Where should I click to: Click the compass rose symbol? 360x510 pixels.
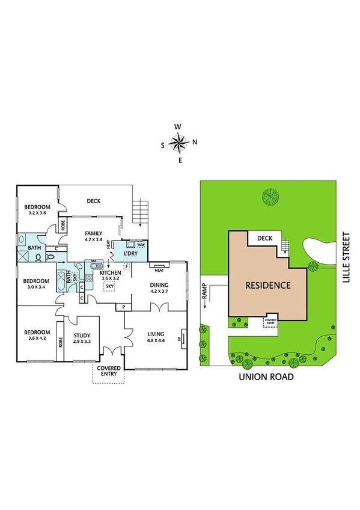point(178,143)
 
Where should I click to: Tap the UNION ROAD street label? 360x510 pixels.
point(265,377)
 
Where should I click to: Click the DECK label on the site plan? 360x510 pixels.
point(265,238)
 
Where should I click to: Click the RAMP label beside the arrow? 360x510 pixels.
point(204,295)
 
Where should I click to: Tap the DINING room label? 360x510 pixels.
point(159,285)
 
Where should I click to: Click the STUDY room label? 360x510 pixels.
point(82,336)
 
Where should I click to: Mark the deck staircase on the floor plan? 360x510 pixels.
point(139,211)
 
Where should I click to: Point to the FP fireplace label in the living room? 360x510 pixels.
point(179,338)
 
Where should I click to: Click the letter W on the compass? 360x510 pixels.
point(178,127)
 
